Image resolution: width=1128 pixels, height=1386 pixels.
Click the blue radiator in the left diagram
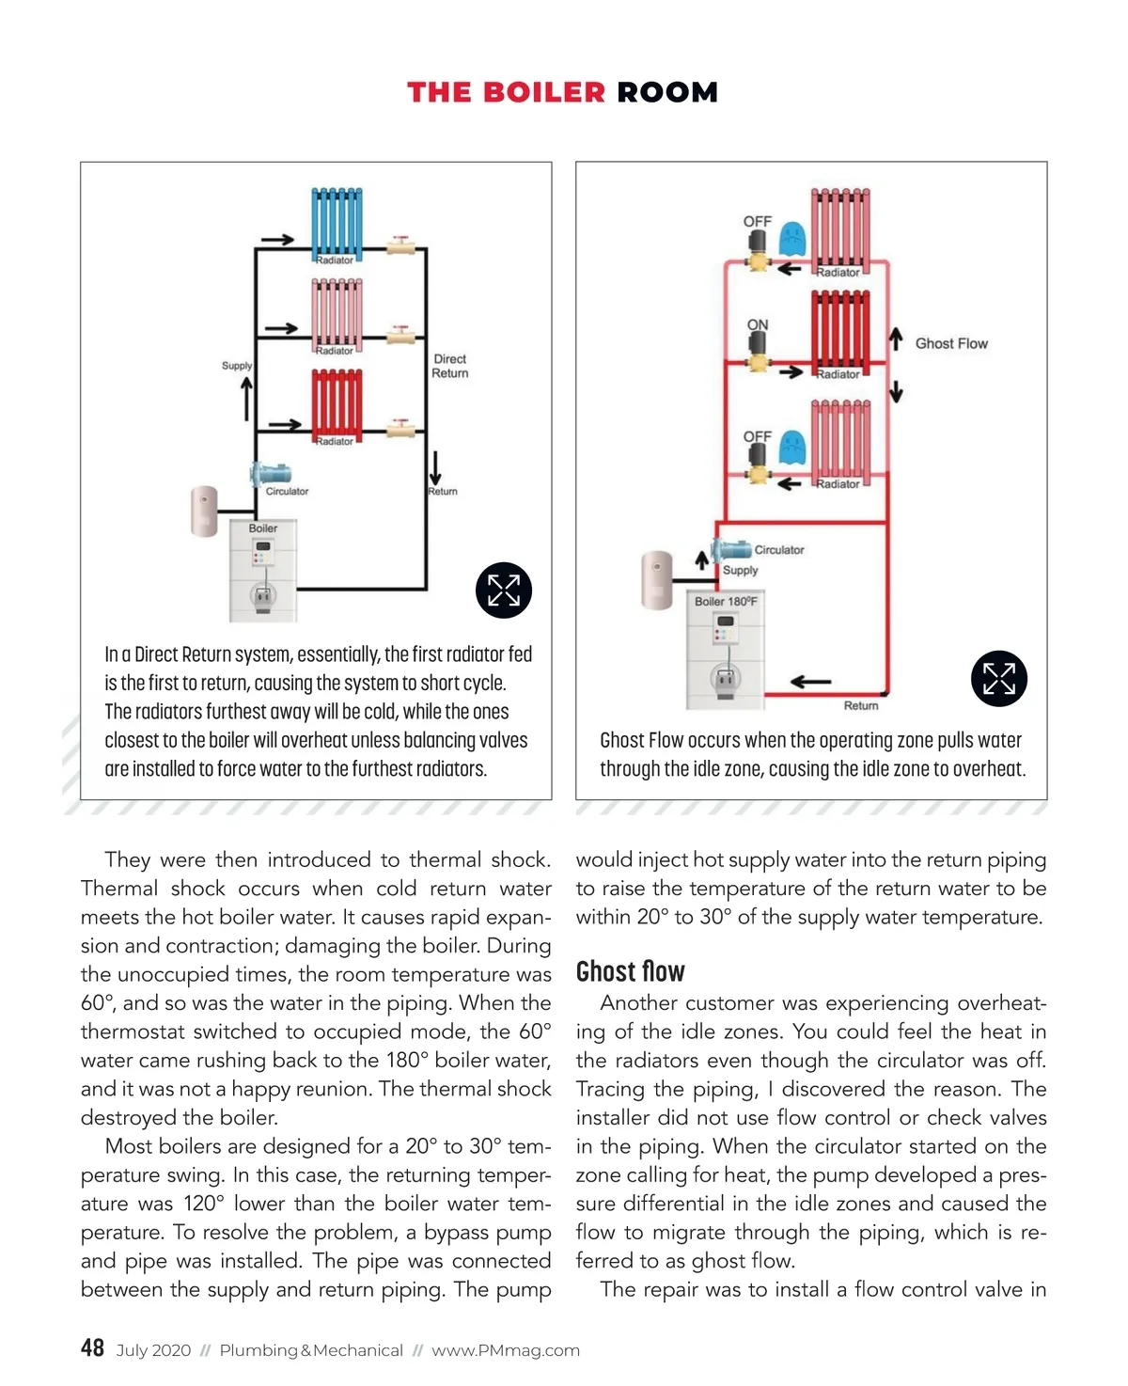[x=337, y=222]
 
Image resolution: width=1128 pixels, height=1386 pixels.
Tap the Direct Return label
[x=449, y=366]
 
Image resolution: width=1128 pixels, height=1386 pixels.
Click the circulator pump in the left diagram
[x=271, y=474]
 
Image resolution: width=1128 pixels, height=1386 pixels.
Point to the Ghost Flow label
[x=951, y=344]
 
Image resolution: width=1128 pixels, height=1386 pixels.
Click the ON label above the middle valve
[x=758, y=325]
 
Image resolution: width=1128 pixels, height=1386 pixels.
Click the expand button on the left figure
[x=504, y=591]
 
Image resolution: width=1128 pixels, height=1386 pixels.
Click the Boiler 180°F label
[x=726, y=602]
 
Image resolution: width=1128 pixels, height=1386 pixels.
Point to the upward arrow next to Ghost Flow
[x=896, y=338]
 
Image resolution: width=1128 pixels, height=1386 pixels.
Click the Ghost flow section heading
[x=631, y=971]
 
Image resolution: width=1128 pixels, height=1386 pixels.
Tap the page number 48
[x=92, y=1348]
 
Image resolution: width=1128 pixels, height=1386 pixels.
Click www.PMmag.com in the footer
[x=506, y=1351]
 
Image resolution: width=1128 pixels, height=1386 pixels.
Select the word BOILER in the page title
[x=544, y=92]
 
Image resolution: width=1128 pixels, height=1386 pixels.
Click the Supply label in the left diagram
[x=237, y=366]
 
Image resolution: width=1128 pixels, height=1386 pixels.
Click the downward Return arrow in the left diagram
[x=435, y=467]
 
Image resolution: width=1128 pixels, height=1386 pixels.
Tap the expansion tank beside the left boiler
[x=204, y=512]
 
